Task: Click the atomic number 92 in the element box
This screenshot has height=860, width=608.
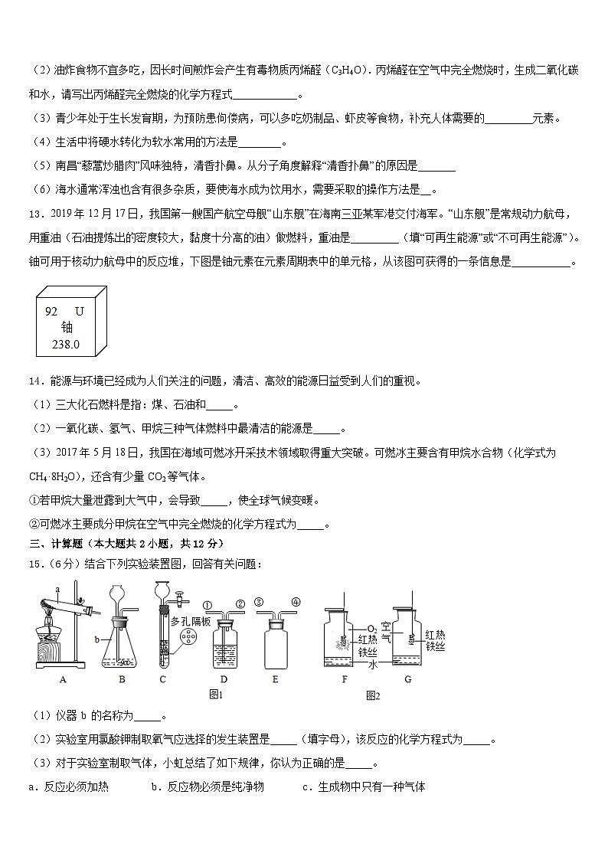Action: pos(52,312)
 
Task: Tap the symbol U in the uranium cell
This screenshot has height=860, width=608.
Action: pos(80,312)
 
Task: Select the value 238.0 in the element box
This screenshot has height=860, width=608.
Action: pos(66,345)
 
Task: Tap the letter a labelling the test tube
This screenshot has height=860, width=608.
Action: pos(57,588)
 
